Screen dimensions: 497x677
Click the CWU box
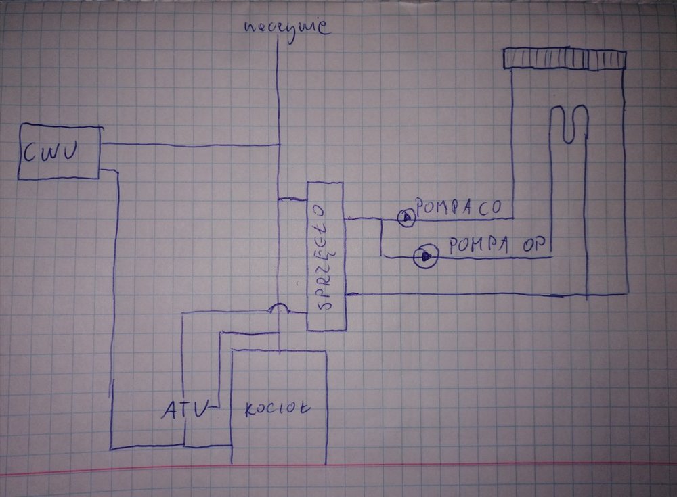pos(59,152)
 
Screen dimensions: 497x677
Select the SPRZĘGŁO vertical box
pos(326,256)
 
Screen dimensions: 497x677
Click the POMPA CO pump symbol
pos(406,218)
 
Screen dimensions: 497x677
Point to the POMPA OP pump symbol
pos(427,256)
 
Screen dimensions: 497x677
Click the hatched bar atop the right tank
pos(565,59)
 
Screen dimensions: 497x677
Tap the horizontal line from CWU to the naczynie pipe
pos(190,145)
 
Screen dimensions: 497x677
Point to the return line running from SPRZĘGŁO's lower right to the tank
pos(467,295)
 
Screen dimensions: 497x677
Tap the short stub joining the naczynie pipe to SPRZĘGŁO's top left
pos(292,199)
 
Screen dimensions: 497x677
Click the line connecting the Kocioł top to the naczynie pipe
pos(279,341)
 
